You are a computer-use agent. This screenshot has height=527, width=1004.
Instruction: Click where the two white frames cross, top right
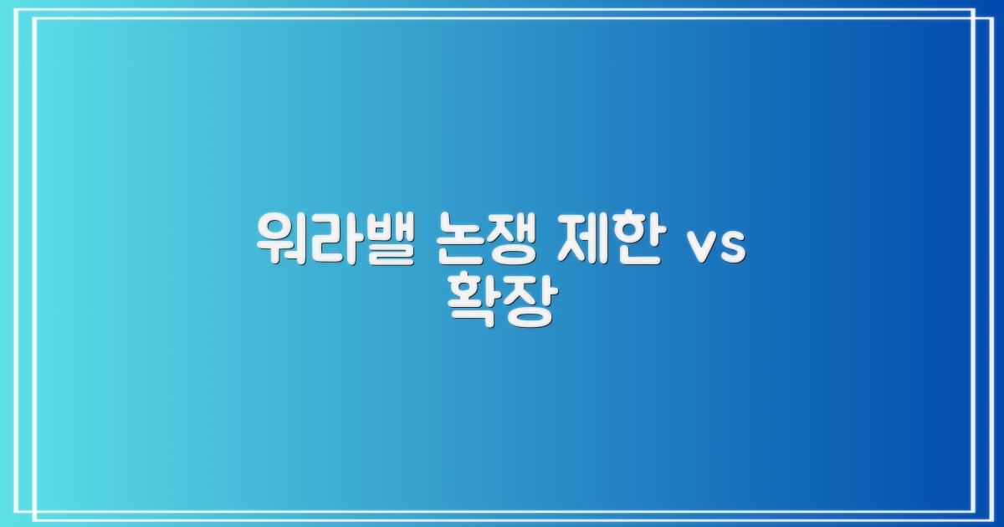975,18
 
